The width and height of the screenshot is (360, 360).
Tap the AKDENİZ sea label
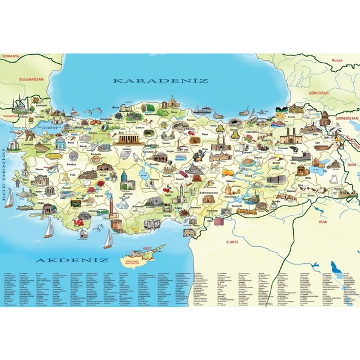pyautogui.click(x=72, y=260)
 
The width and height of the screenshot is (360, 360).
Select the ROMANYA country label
pyautogui.click(x=12, y=56)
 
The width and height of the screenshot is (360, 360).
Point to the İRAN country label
pyautogui.click(x=350, y=164)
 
